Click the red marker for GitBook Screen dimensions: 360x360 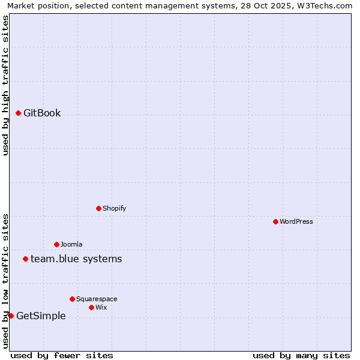coord(18,113)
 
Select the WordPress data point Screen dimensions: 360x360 coord(275,221)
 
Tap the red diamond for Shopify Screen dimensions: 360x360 coord(98,208)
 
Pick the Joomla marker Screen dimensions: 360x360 coord(56,244)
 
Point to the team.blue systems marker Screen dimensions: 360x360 coord(25,259)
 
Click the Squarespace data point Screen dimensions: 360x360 coord(72,299)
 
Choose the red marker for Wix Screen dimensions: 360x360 coord(91,307)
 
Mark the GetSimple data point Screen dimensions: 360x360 coord(11,316)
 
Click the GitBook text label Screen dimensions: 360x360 coord(42,113)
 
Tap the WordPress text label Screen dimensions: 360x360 coord(296,221)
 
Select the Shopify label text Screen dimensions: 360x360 coord(114,208)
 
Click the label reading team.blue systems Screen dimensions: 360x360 coord(76,259)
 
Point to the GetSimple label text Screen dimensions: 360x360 coord(41,316)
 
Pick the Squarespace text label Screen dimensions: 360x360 coord(97,299)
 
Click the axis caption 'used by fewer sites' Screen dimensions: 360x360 coord(62,355)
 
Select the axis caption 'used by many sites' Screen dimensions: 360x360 coord(301,355)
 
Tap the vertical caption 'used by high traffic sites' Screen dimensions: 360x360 coord(5,85)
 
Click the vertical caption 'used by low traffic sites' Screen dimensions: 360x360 coord(5,280)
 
